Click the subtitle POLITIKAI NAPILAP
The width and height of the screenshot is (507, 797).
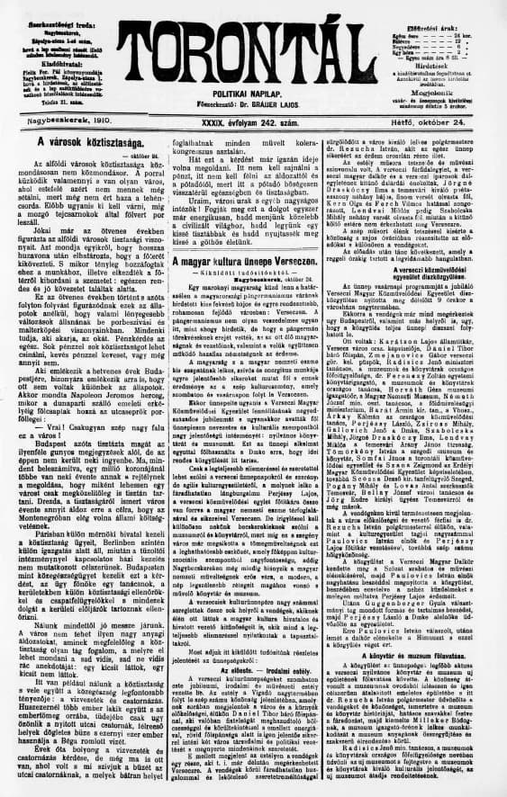254,93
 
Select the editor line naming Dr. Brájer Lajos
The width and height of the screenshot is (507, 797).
254,105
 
